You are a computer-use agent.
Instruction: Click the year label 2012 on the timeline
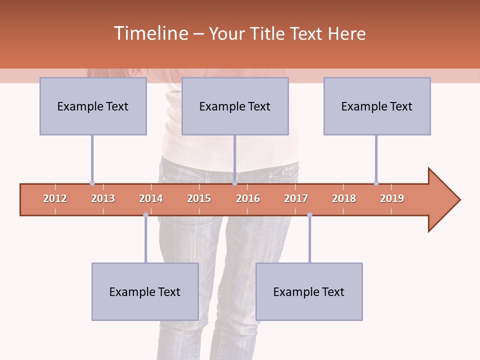55,198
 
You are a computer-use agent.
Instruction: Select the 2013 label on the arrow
103,198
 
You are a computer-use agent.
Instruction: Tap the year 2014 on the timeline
151,198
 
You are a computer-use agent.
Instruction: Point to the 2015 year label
199,198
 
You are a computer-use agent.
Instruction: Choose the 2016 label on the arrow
248,198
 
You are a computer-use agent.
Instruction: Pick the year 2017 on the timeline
296,198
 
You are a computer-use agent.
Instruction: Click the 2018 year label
344,198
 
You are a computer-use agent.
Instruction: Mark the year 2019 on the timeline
392,198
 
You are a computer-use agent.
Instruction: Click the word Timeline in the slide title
150,33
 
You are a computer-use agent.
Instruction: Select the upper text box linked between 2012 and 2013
93,106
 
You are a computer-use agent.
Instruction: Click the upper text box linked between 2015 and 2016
235,106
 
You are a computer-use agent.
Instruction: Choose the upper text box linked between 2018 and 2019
377,106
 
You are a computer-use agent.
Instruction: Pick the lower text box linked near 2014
145,291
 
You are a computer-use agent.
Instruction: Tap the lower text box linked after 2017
309,291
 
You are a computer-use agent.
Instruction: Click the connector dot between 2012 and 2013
92,183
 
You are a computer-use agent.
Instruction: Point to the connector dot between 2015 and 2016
234,183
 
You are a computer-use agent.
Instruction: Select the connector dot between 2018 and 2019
376,183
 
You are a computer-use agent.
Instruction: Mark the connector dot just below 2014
145,215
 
